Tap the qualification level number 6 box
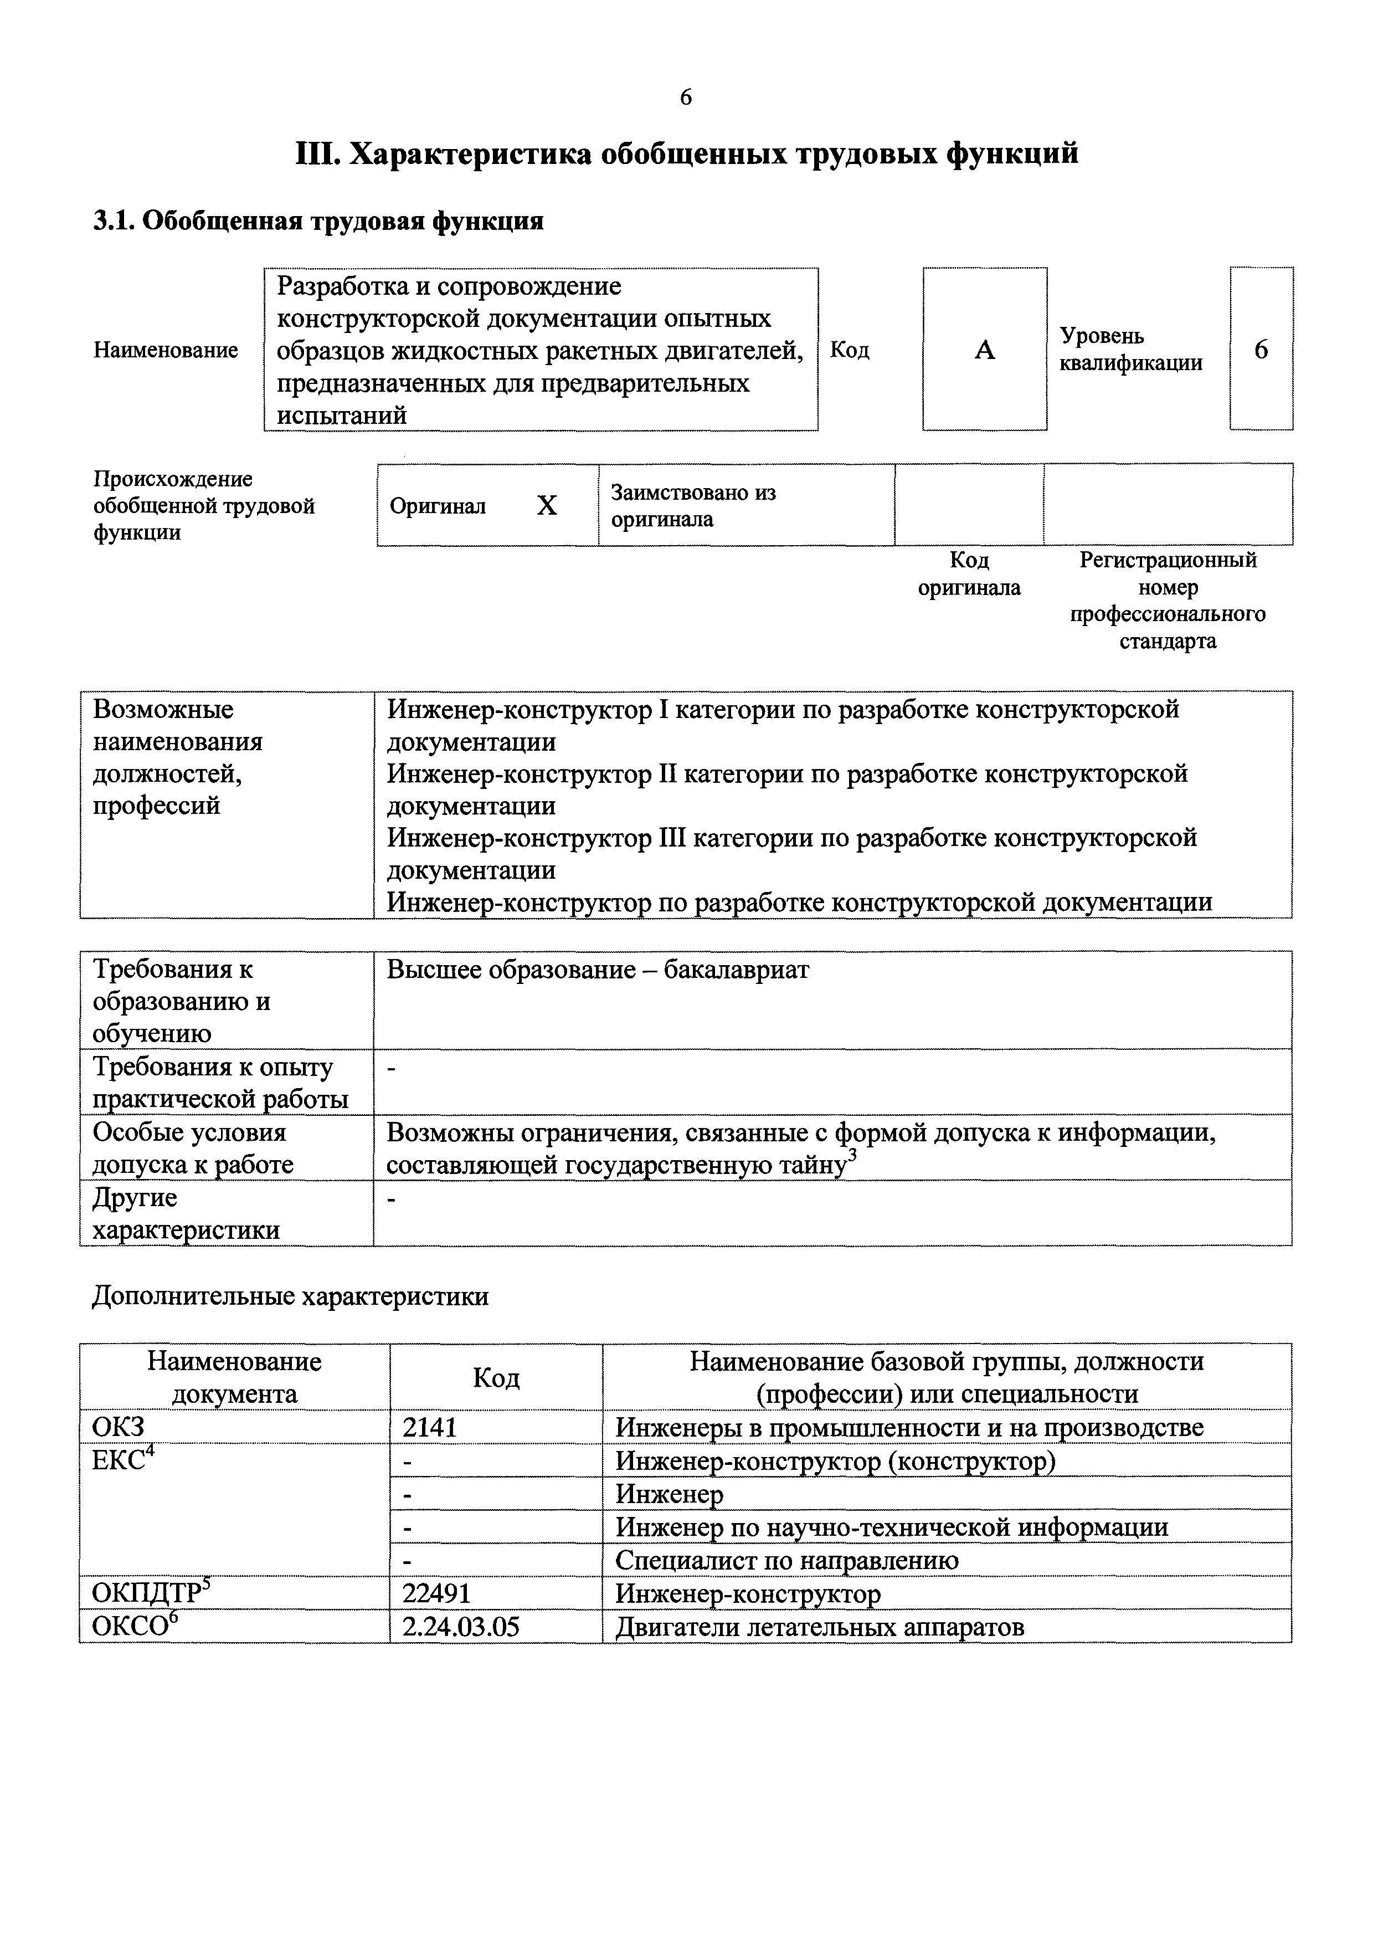click(x=1261, y=350)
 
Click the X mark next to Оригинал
click(x=547, y=506)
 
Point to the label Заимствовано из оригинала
click(x=693, y=505)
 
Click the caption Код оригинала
click(x=969, y=574)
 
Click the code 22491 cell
click(x=436, y=1593)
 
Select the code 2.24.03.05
click(x=461, y=1627)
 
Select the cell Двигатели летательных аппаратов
click(x=819, y=1627)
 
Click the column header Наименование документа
click(x=234, y=1377)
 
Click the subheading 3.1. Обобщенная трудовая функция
click(x=318, y=222)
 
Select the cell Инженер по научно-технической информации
click(x=892, y=1527)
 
